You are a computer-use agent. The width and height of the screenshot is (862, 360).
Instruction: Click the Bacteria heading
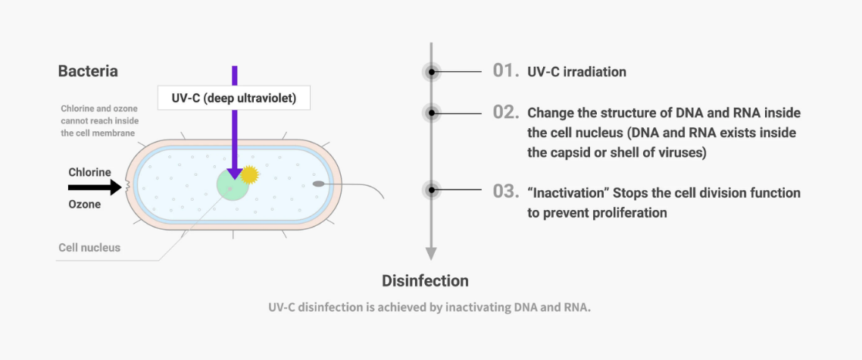pos(88,71)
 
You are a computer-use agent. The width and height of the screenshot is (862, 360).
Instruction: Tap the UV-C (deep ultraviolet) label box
pos(234,98)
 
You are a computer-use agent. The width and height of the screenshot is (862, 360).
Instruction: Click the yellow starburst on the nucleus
pos(249,174)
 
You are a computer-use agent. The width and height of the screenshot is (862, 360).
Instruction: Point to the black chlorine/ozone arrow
pos(95,188)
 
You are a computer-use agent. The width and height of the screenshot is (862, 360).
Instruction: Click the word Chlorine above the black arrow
pos(89,172)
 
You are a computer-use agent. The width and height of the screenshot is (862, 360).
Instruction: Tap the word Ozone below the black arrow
pos(85,204)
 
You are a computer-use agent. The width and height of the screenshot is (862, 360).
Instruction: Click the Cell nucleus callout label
pos(89,248)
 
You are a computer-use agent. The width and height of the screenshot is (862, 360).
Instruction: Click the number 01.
pos(505,71)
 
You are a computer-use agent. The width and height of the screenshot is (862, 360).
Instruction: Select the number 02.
pos(505,112)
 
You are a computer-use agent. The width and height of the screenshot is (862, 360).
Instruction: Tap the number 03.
pos(505,192)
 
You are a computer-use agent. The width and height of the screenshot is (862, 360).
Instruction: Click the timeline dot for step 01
pos(432,71)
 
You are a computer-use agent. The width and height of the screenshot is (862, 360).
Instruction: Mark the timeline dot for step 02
pos(432,113)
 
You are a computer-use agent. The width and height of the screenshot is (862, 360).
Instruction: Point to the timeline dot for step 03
pos(432,190)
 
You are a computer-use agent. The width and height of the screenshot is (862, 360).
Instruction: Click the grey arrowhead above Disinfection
pos(432,254)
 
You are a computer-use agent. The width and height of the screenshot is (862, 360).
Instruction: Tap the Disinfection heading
pos(426,280)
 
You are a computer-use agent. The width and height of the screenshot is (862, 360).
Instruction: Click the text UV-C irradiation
pos(576,72)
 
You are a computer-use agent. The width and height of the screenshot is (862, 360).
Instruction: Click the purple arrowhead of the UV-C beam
pos(234,173)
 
